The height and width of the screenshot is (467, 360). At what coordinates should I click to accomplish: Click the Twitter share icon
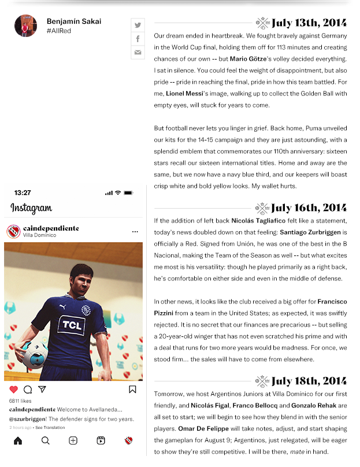(x=138, y=25)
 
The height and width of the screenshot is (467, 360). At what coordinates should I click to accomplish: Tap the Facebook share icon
(x=138, y=39)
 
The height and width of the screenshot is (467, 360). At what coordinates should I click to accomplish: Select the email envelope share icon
(x=138, y=53)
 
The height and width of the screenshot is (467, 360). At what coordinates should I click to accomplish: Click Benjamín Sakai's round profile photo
(x=25, y=26)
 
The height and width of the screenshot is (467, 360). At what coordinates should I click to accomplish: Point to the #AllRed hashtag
(x=59, y=31)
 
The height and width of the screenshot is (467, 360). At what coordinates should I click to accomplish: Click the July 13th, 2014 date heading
(x=309, y=23)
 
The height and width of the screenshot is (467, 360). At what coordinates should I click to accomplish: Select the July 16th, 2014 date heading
(x=309, y=208)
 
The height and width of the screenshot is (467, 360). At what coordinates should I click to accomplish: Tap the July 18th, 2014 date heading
(x=309, y=381)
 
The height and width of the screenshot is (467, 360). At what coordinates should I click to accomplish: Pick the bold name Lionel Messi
(x=184, y=93)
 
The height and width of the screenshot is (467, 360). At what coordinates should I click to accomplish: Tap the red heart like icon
(x=13, y=390)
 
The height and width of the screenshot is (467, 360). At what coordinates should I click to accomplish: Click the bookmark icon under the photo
(x=132, y=390)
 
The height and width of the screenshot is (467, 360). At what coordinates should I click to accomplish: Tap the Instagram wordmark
(x=31, y=208)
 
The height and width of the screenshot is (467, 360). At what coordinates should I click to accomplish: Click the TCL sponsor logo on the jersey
(x=72, y=325)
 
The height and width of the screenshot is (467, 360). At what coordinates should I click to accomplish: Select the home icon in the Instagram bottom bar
(x=18, y=440)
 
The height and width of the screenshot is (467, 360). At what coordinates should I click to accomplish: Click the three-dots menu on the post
(x=135, y=232)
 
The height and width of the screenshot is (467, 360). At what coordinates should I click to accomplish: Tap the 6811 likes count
(x=20, y=401)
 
